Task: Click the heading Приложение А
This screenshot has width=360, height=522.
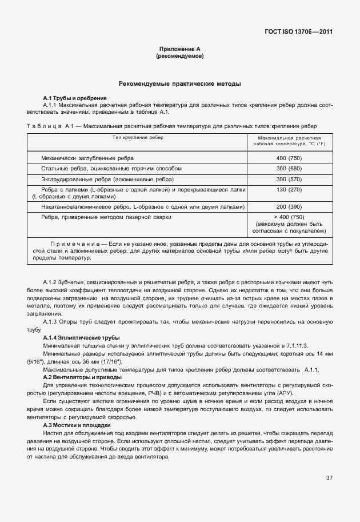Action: (179, 50)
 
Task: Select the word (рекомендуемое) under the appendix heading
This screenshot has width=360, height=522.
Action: (179, 57)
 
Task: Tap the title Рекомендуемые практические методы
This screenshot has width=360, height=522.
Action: (179, 84)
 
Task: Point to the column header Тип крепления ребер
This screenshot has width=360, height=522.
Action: (137, 138)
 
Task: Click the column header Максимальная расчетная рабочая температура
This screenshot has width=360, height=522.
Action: (289, 141)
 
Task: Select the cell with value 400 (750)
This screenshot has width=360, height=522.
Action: (289, 158)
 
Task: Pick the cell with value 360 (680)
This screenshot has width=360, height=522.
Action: (289, 169)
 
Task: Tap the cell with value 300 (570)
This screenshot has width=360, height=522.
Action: (289, 180)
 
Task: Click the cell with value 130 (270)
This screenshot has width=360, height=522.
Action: (289, 190)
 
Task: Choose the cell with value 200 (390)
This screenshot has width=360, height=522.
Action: (289, 206)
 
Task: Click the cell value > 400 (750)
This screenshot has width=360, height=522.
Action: (289, 217)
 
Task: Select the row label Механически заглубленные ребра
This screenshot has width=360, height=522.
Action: (88, 158)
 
